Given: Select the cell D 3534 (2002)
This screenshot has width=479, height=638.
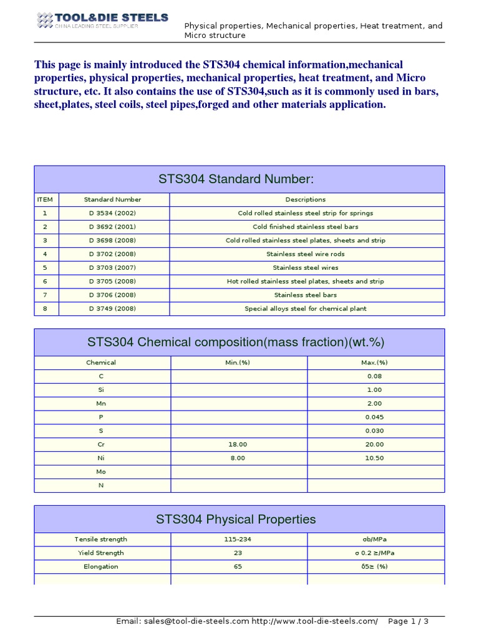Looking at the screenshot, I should [112, 213].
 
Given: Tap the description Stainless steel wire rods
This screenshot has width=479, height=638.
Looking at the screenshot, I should [306, 254].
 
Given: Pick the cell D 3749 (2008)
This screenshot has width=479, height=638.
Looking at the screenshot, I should [112, 309].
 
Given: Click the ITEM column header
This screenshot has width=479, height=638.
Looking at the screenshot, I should [46, 199].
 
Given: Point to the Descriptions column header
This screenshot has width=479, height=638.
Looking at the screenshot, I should [306, 199].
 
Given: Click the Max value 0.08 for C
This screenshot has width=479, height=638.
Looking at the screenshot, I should [374, 376].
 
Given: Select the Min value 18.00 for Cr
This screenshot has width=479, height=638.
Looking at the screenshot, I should [238, 445].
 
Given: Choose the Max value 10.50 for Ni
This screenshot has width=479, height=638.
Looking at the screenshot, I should [374, 459].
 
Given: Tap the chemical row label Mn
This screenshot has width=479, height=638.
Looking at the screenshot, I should [101, 404].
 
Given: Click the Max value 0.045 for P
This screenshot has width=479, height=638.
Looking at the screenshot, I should [374, 417].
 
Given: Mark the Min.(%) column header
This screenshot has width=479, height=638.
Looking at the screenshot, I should [238, 363].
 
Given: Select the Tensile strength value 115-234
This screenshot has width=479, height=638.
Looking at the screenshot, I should [238, 540].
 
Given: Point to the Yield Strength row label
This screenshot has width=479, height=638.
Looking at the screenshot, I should [101, 553].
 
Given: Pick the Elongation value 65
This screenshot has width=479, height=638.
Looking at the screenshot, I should [238, 567].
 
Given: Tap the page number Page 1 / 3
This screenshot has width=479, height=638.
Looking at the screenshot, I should [408, 621].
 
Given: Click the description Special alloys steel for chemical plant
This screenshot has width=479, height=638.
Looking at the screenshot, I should [306, 309].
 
